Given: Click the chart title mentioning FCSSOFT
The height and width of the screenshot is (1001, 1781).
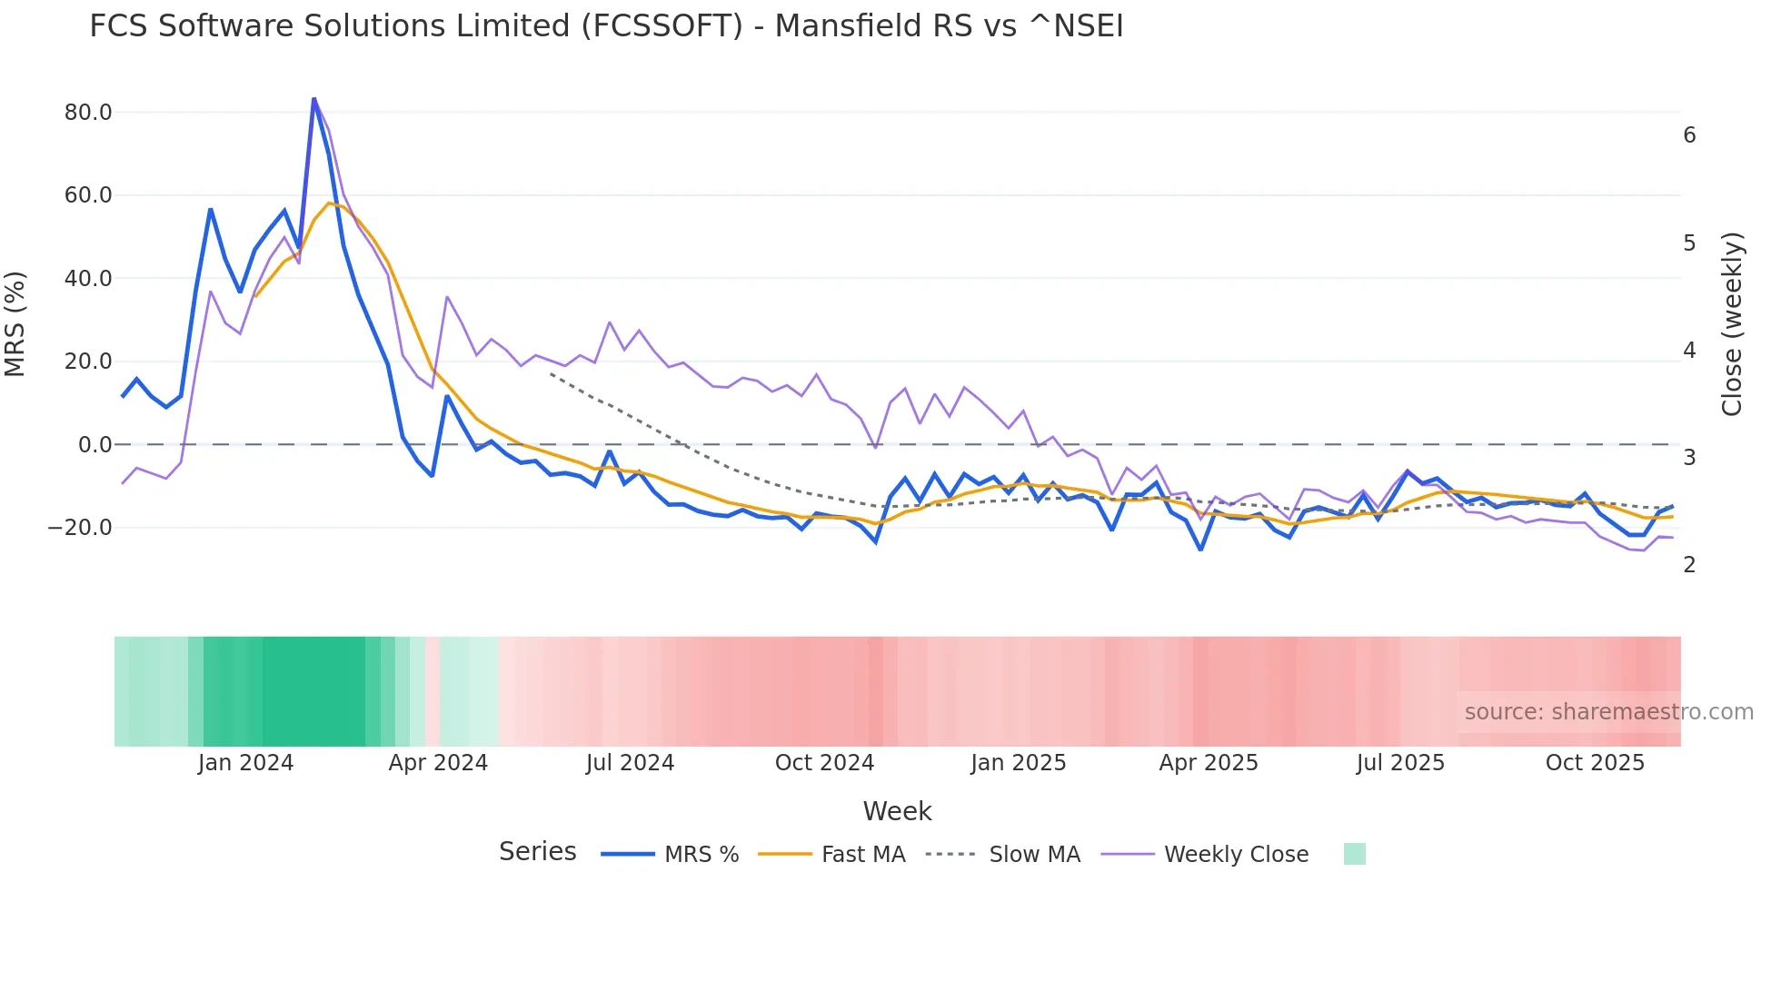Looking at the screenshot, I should (x=606, y=26).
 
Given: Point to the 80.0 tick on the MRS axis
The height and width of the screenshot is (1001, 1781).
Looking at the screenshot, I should (x=88, y=113).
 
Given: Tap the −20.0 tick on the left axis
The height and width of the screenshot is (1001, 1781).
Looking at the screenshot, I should (x=80, y=528).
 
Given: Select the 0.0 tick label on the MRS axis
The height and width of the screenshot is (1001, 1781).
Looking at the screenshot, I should (x=95, y=445).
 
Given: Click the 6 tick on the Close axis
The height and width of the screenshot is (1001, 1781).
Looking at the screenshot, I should (x=1689, y=135).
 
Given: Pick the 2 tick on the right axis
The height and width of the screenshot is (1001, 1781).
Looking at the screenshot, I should (x=1689, y=565).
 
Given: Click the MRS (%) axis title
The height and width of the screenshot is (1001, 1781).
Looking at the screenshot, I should (x=15, y=324).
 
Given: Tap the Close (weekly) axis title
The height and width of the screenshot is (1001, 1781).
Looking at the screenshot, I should (x=1732, y=324).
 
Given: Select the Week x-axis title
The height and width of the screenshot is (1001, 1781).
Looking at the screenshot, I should (x=897, y=811).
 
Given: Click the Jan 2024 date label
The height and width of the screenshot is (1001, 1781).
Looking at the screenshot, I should (x=245, y=763).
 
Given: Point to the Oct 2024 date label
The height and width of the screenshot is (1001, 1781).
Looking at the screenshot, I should (x=824, y=763).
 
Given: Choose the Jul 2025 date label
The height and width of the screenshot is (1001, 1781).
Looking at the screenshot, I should (x=1400, y=763).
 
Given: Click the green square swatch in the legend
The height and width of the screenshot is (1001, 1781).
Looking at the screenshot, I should (x=1354, y=854).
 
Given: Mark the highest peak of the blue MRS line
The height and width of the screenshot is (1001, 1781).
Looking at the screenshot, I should (x=313, y=99).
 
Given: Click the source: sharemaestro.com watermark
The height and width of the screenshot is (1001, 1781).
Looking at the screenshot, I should (x=1608, y=712).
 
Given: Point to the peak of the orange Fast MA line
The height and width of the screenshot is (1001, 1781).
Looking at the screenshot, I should (x=329, y=203).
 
